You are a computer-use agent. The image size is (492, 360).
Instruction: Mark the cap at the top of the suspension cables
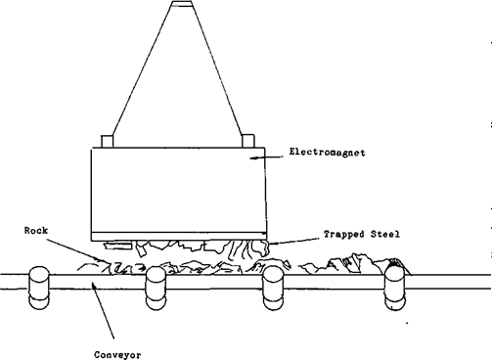(x=178, y=7)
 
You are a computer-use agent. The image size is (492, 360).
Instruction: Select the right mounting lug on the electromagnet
(x=246, y=139)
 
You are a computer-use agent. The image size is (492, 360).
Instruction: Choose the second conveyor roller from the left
(x=156, y=288)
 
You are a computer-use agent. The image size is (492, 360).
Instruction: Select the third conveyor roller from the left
(x=274, y=288)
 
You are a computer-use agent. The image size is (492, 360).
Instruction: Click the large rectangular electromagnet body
(x=179, y=191)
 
